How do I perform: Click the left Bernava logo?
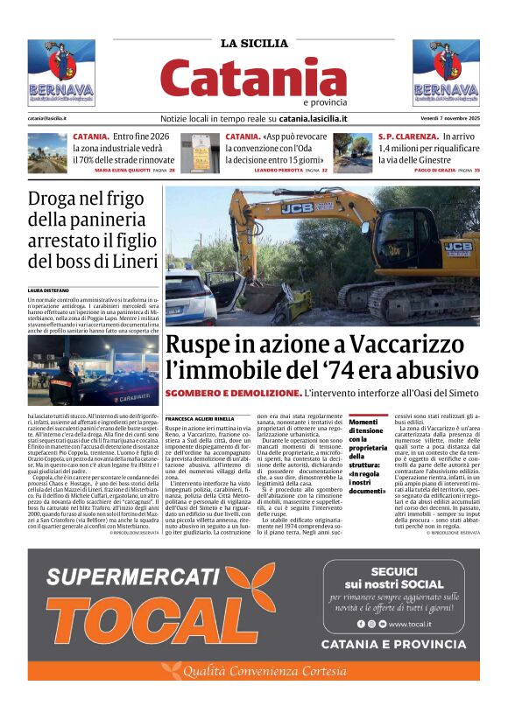(x=61, y=73)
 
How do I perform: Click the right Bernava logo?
(x=446, y=73)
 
